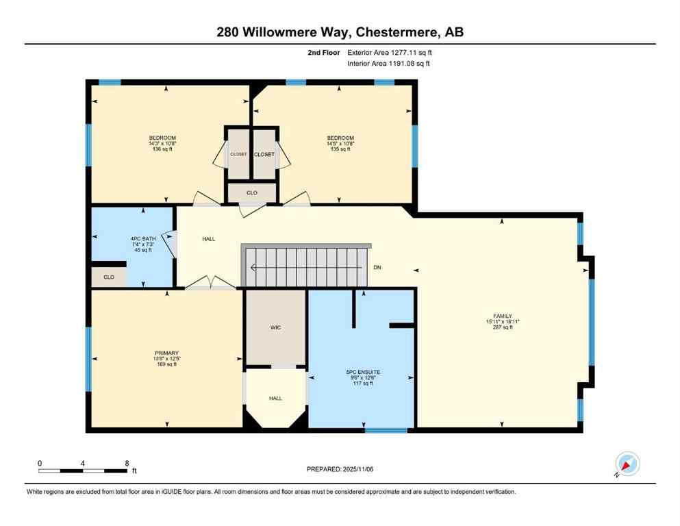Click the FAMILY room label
click(499, 316)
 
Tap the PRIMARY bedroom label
click(166, 353)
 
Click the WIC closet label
click(275, 327)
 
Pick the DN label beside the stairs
click(377, 267)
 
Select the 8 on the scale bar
click(127, 463)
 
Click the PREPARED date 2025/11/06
click(340, 469)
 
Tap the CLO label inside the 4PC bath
click(109, 277)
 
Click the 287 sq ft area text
click(499, 327)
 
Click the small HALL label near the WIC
click(275, 398)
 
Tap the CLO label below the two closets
click(252, 193)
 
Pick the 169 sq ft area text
click(166, 364)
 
